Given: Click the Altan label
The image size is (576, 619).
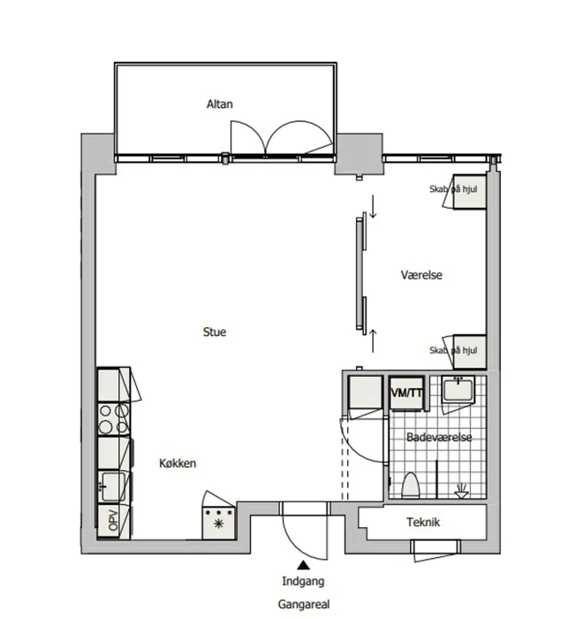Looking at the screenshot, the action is pos(220,104).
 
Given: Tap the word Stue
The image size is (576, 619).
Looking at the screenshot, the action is pos(215,332).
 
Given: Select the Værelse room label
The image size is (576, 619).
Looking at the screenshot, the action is pos(421,275).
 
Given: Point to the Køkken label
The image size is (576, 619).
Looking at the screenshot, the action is pos(178,463).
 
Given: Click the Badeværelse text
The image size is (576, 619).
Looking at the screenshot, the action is pos(439,438).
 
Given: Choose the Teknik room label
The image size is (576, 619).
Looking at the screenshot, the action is pos(423,523).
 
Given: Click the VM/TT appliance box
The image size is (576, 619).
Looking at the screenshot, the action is pos(406,394).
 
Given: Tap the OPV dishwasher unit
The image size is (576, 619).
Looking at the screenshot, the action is pos(113,521).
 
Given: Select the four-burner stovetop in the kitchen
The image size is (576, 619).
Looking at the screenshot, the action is pos(114,419).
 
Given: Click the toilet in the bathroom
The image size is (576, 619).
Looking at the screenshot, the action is pos(410,485).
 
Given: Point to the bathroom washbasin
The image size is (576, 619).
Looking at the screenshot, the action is pos(458,389).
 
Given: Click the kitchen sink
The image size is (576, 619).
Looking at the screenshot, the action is pos(113,486).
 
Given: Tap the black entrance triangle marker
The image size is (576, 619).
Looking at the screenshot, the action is pos(303,565).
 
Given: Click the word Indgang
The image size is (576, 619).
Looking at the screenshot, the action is pos(303,582).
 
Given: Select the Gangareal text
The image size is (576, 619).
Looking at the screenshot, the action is pos(303,604).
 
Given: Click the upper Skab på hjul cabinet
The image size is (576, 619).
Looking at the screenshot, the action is pos(469,192).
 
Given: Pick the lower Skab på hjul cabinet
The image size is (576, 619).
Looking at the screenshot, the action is pos(469,352).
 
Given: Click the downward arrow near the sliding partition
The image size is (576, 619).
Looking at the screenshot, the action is pos(373,206).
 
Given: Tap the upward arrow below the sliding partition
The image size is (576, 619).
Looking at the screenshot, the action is pos(373,340).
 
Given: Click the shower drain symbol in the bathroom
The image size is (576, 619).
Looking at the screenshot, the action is pos(461,492).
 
